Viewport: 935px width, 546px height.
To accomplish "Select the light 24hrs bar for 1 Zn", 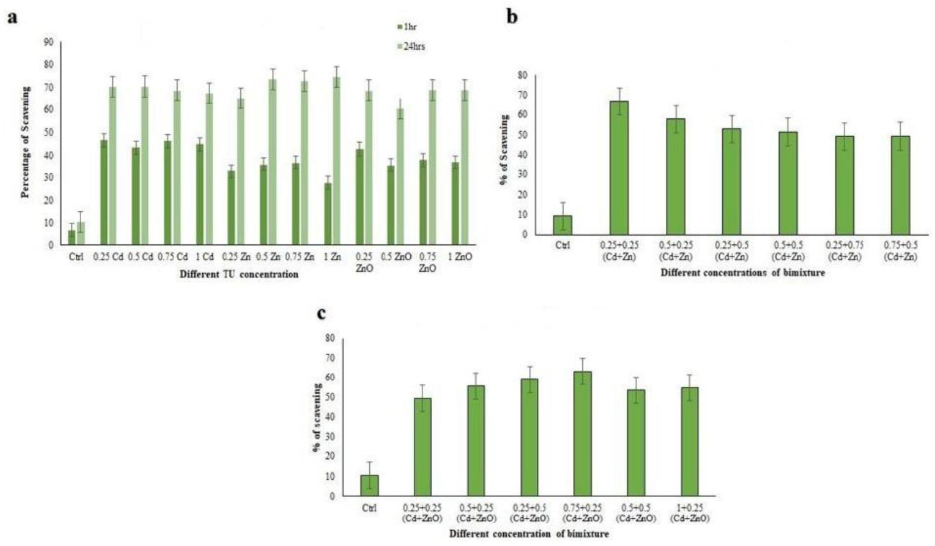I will (x=337, y=161).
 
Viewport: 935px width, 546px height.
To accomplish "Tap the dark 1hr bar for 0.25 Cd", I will (x=104, y=192).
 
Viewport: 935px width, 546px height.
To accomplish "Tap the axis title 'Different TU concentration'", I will (x=239, y=275).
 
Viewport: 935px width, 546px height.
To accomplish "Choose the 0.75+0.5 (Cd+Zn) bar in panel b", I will (x=900, y=185).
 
